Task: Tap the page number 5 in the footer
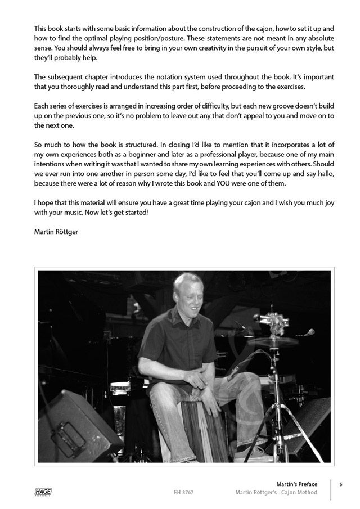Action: tap(341, 484)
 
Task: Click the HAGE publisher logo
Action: tap(42, 492)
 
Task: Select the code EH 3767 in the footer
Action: tap(184, 493)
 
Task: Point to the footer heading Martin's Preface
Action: tap(296, 484)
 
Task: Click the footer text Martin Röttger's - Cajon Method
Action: tap(276, 493)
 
